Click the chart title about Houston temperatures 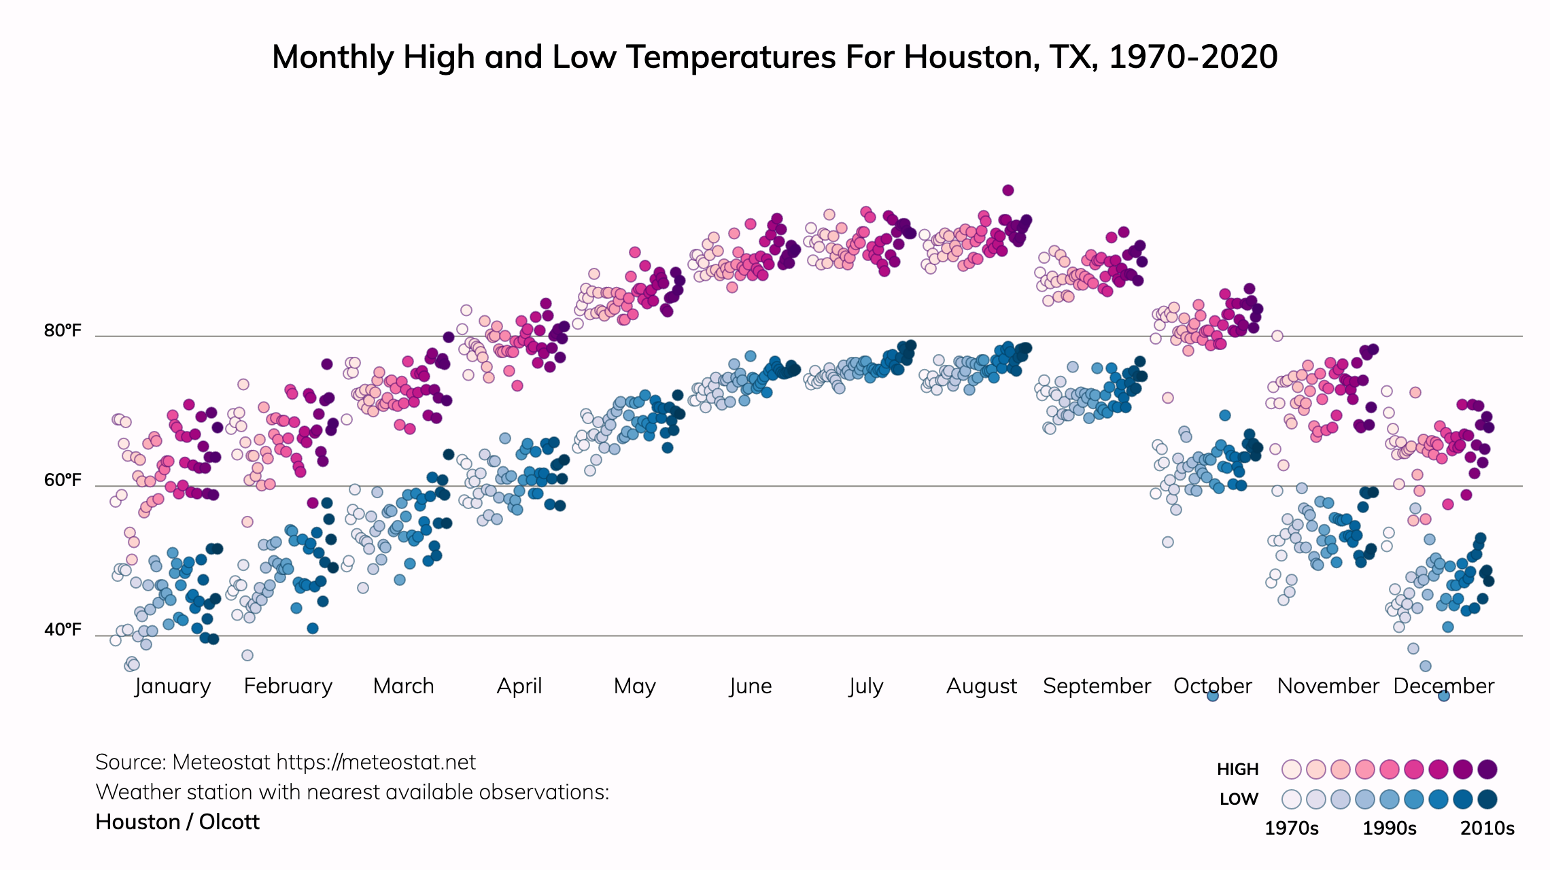(774, 57)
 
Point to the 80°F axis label (63, 331)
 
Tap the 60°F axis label (63, 481)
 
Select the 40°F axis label (63, 630)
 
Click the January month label (173, 686)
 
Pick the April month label (519, 686)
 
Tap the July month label (865, 686)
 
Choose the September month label (1097, 686)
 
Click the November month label (1328, 686)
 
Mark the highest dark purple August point (1008, 190)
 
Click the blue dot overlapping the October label (1212, 695)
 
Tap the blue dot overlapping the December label (1444, 695)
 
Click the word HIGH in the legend (1237, 769)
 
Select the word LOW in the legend (1239, 799)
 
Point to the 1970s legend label (1291, 829)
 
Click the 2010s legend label (1487, 829)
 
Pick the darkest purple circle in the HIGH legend (1487, 769)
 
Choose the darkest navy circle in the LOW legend (1487, 799)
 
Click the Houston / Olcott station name (177, 822)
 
